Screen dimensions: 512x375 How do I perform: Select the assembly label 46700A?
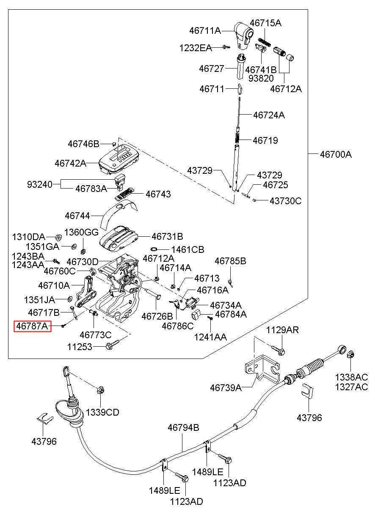[x=336, y=154]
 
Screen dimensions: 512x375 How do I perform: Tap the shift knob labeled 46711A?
[x=245, y=33]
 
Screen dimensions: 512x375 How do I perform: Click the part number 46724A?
[x=269, y=115]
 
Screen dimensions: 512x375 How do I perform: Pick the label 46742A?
[x=70, y=162]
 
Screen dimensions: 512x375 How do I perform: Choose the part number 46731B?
[x=167, y=237]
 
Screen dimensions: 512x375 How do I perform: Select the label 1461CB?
[x=187, y=249]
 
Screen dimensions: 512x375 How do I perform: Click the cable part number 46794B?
[x=183, y=427]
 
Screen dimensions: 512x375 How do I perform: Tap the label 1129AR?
[x=282, y=330]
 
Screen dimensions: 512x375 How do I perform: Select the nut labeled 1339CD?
[x=101, y=390]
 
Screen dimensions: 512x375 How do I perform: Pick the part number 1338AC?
[x=351, y=377]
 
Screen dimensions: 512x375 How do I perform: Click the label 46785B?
[x=230, y=261]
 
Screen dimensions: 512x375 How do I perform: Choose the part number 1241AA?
[x=210, y=337]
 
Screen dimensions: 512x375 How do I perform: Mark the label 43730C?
[x=286, y=201]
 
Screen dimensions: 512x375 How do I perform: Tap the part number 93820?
[x=261, y=78]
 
